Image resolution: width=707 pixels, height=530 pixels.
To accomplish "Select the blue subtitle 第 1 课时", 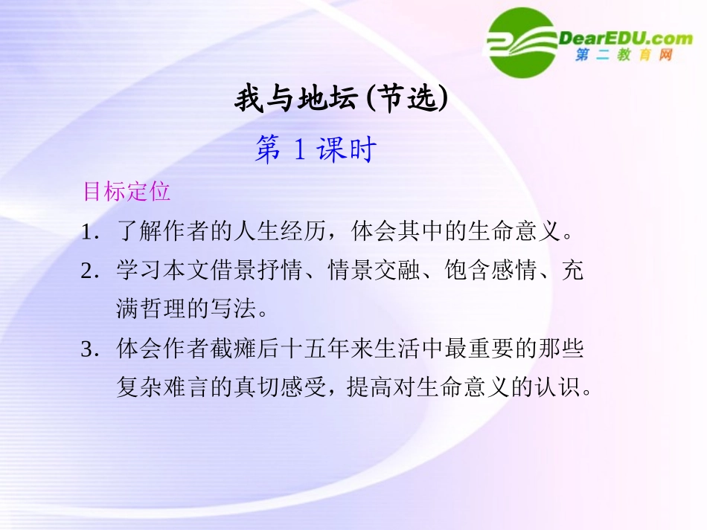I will point(316,150).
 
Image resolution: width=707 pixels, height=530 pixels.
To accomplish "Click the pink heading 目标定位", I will point(127,192).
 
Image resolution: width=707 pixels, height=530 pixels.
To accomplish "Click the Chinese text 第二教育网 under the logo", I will point(624,56).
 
